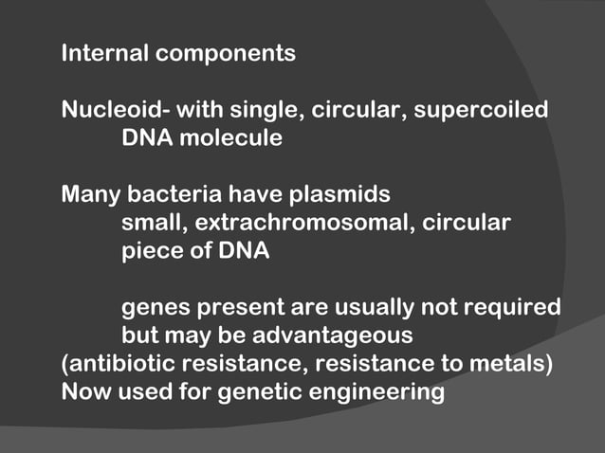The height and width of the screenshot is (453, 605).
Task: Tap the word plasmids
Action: (338, 195)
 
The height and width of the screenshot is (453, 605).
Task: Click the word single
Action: (261, 110)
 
